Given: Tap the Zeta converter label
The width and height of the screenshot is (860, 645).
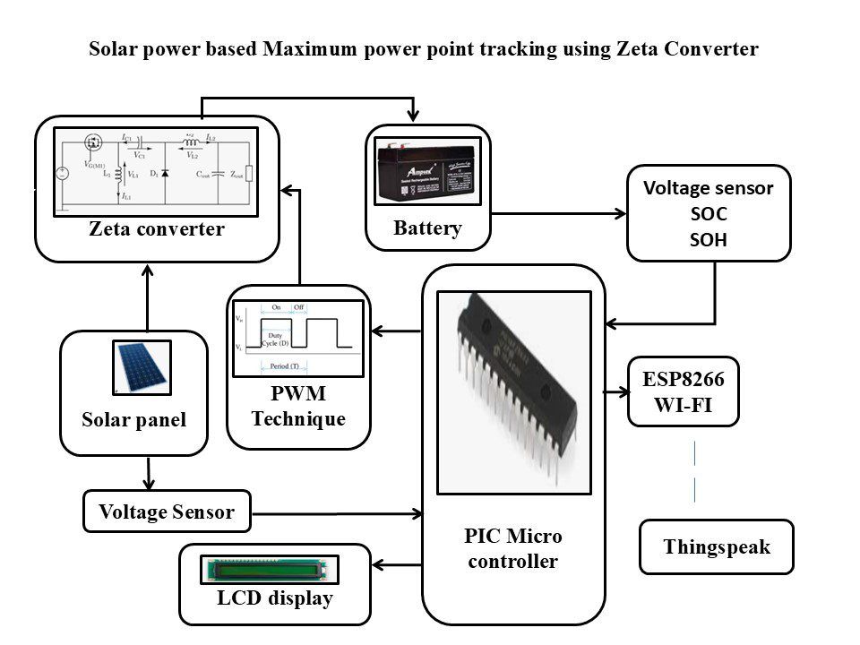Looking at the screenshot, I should point(157,229).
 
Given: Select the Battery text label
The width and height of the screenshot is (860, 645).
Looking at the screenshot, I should point(427,228).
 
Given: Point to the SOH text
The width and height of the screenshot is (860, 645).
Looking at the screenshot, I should point(709,239).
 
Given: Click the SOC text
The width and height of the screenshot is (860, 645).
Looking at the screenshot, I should point(709,214).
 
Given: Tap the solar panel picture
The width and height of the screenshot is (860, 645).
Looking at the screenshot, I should point(139,367).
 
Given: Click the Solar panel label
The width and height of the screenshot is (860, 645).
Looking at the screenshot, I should point(133,419).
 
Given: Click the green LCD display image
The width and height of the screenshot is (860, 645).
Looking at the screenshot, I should point(269,569).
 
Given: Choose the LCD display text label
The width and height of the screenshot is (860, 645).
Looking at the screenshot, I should point(274,598).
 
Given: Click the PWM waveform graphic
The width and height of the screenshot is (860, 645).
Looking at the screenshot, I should point(297,339).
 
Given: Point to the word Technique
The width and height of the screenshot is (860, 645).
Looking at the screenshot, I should point(297,418).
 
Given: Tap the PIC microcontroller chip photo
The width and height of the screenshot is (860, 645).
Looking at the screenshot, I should point(513,392).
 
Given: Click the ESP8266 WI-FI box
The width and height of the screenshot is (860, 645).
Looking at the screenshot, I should point(683,392).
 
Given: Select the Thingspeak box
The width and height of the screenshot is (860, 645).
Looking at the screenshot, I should point(717,546).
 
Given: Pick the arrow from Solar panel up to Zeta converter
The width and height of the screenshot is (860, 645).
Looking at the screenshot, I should point(147,296).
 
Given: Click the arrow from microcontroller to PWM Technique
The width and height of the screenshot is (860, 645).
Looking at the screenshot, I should point(396,332).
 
